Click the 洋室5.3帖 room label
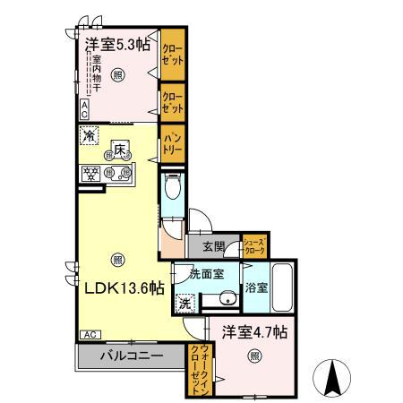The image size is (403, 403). coord(117,44)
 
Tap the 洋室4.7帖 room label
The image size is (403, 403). coord(254,331)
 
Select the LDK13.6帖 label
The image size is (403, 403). coord(124,287)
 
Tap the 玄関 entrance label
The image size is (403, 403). coord(213,247)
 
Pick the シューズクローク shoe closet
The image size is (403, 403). coord(254,247)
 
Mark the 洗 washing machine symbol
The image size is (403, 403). coord(184,303)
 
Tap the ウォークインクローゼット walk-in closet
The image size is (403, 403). coord(197,369)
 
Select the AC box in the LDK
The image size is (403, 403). coord(90,334)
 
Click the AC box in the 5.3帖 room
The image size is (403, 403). coord(83,110)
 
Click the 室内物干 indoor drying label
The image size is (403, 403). coord(96,78)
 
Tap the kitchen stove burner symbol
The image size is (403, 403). coord(90,174)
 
